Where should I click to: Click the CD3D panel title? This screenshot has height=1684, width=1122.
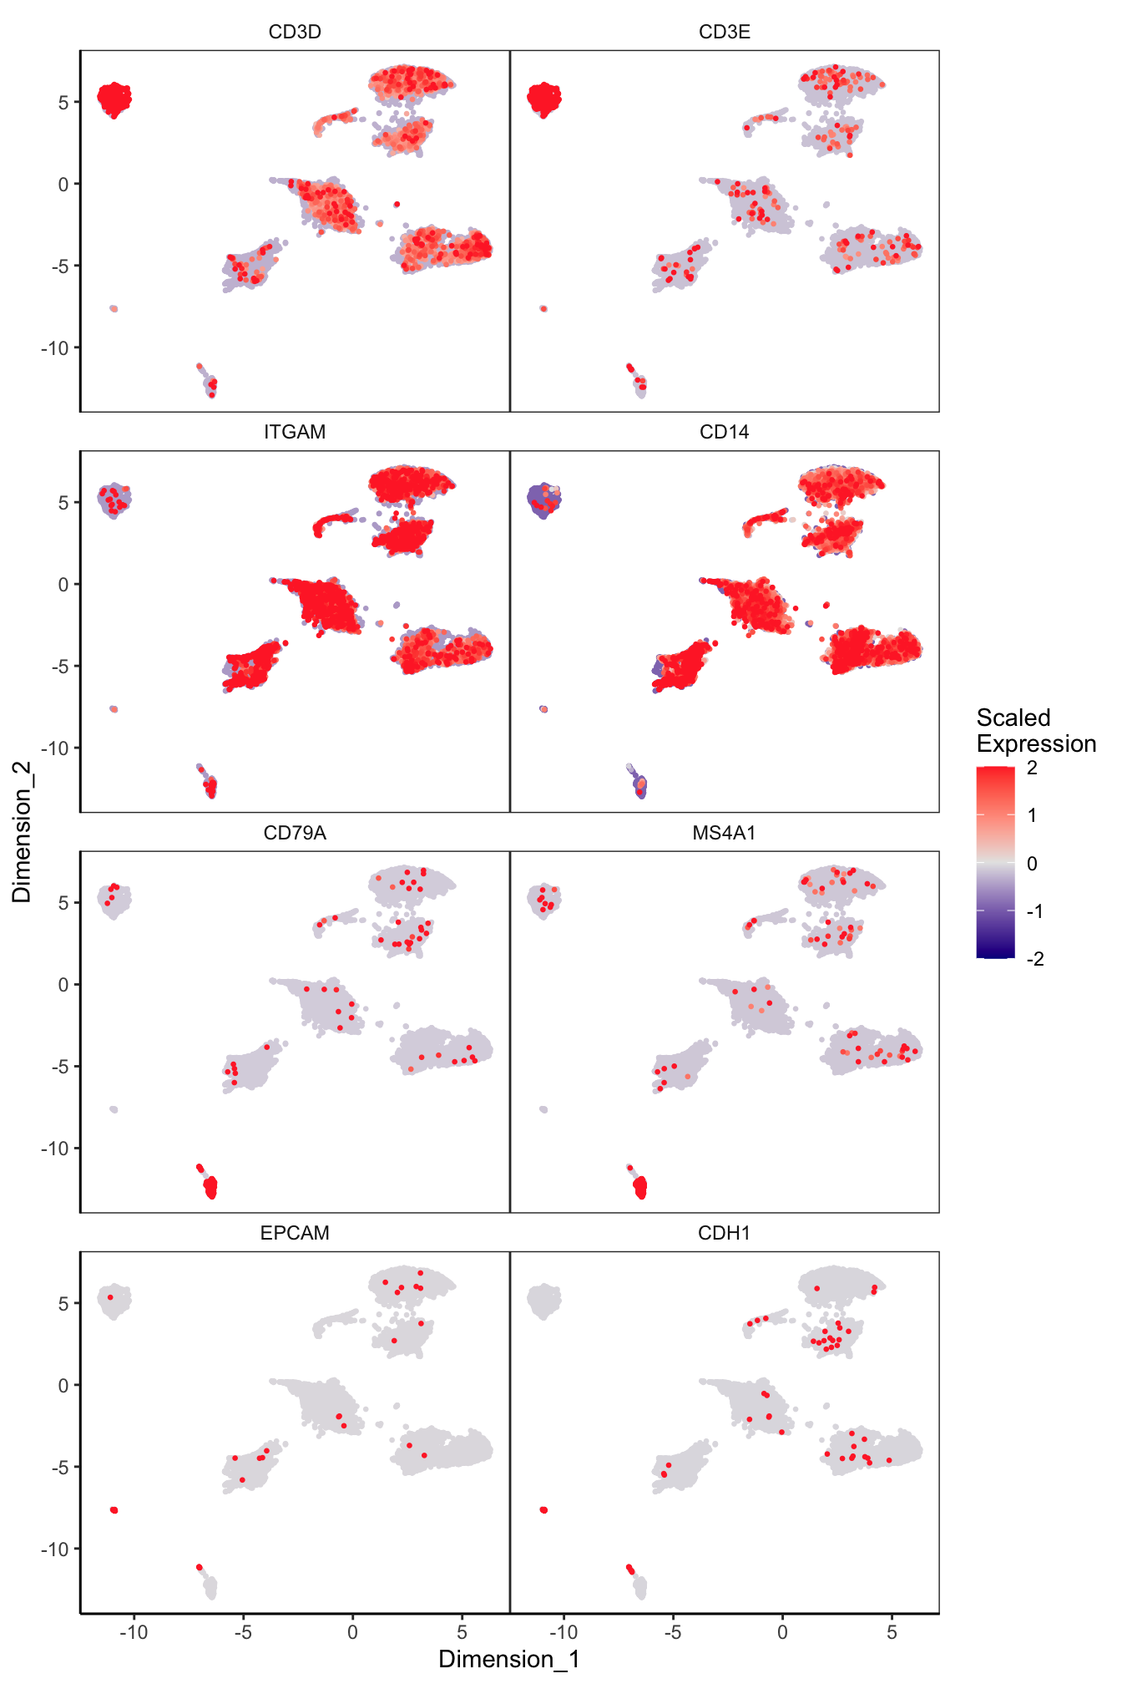pyautogui.click(x=295, y=32)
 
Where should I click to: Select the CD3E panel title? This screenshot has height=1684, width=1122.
pyautogui.click(x=724, y=32)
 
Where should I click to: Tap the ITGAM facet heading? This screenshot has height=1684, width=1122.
pyautogui.click(x=295, y=432)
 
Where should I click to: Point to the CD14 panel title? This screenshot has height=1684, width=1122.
pyautogui.click(x=724, y=432)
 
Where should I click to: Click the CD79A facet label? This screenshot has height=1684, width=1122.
pyautogui.click(x=295, y=833)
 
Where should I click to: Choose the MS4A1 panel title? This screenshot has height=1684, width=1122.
pyautogui.click(x=724, y=833)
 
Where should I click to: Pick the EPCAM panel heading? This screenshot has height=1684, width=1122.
pyautogui.click(x=295, y=1233)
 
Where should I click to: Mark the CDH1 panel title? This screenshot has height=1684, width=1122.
pyautogui.click(x=724, y=1233)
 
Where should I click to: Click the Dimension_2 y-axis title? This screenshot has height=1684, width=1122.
pyautogui.click(x=22, y=831)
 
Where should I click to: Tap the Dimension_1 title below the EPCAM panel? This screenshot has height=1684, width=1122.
pyautogui.click(x=509, y=1659)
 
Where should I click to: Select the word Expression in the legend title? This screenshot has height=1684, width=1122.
pyautogui.click(x=1036, y=743)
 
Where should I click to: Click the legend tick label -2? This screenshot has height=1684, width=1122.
pyautogui.click(x=1035, y=959)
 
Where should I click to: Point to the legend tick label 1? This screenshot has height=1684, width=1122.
pyautogui.click(x=1033, y=815)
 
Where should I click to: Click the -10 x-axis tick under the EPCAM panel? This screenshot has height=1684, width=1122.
pyautogui.click(x=133, y=1631)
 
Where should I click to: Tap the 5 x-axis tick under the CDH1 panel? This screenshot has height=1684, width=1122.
pyautogui.click(x=892, y=1631)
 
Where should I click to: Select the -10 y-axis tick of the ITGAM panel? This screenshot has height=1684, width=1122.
pyautogui.click(x=57, y=748)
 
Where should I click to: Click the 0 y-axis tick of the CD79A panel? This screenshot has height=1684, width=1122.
pyautogui.click(x=63, y=985)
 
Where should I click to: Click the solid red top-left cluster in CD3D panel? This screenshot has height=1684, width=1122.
pyautogui.click(x=114, y=99)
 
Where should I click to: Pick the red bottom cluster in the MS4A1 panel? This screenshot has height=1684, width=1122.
pyautogui.click(x=640, y=1186)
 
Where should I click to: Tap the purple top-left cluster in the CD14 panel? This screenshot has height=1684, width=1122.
pyautogui.click(x=543, y=500)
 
